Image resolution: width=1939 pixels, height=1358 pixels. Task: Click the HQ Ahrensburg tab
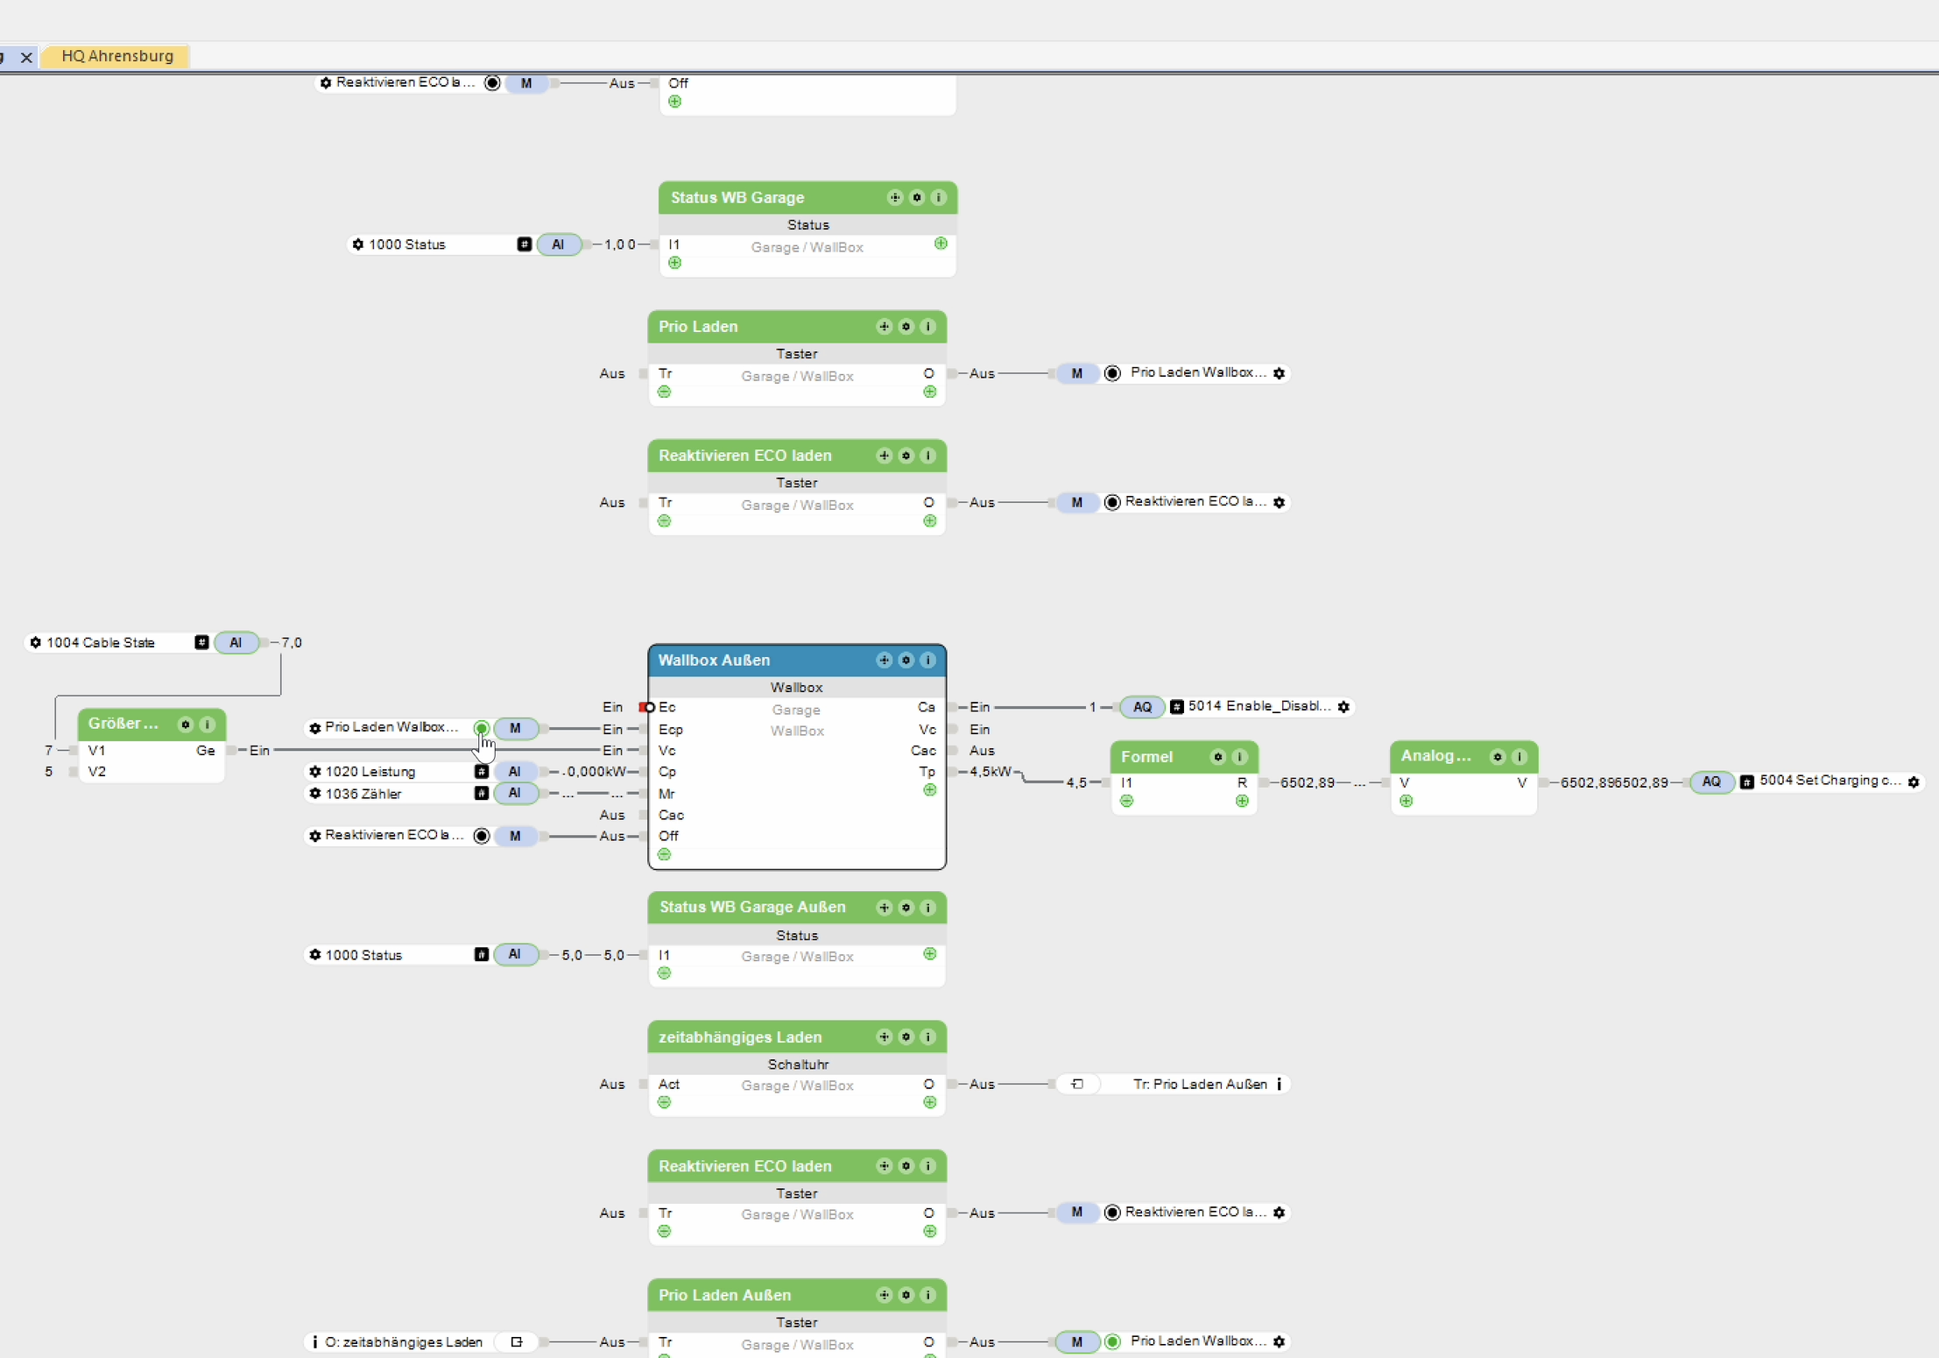point(117,56)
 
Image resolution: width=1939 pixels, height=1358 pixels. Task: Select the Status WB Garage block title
point(737,198)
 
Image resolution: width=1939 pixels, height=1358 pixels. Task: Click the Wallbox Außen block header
point(714,661)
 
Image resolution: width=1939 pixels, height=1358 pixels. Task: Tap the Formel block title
point(1146,757)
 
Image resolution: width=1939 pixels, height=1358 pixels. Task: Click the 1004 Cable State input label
point(101,643)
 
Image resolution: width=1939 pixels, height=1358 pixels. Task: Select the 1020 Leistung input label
point(370,772)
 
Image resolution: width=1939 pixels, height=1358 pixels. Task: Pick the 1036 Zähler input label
point(363,794)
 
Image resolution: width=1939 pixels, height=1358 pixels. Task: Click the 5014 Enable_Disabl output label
point(1259,707)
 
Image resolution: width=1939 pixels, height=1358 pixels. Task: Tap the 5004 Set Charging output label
point(1830,781)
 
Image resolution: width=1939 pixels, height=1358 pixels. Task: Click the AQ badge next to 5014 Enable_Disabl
point(1142,707)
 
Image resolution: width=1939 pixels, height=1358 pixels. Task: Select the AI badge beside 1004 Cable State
point(236,643)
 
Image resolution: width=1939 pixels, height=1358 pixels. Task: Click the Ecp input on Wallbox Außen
point(670,729)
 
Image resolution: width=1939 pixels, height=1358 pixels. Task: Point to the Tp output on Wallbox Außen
point(927,772)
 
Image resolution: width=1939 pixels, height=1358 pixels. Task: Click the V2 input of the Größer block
point(97,772)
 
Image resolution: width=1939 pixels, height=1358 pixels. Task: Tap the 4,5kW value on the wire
point(991,772)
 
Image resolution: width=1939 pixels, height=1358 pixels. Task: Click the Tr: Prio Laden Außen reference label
point(1199,1085)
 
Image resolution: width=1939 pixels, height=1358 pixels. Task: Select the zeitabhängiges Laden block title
point(739,1037)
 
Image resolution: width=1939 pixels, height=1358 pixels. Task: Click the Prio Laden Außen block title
point(724,1295)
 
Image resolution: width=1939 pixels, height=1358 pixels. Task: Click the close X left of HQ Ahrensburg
point(26,57)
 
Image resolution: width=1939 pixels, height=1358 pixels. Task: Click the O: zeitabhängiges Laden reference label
point(403,1342)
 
